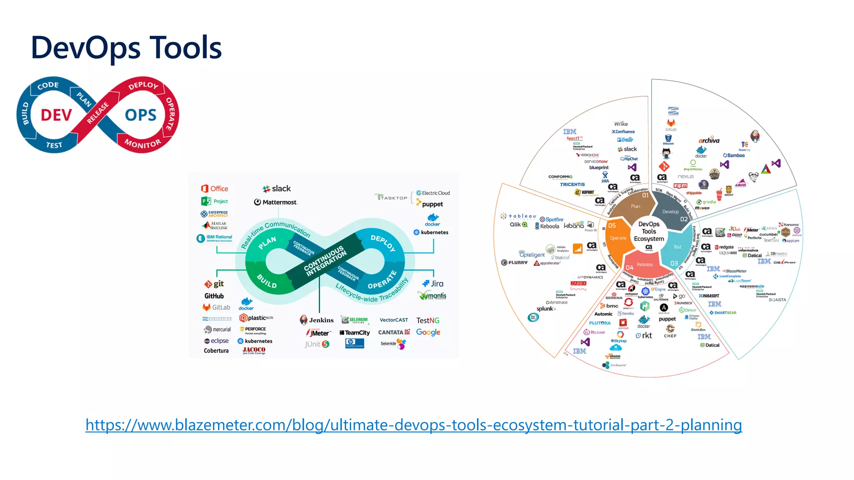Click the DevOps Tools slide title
point(126,48)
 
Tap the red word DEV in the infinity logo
point(56,115)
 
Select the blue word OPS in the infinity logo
point(141,115)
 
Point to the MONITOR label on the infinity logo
point(143,144)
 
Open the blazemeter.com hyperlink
point(413,425)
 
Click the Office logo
point(215,189)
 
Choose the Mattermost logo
point(275,202)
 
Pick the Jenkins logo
point(316,320)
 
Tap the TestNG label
point(427,320)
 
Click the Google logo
point(428,332)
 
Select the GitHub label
point(214,296)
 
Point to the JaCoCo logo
point(254,350)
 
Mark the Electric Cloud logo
point(433,193)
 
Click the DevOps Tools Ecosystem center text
point(649,231)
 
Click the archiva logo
point(709,140)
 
